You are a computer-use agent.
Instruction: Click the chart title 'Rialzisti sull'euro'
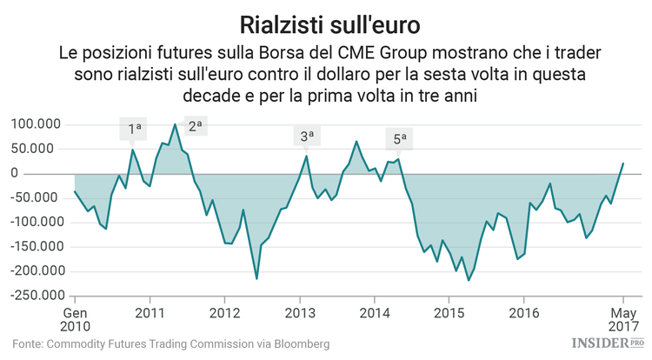[326, 20]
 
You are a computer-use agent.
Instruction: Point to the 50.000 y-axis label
[40, 149]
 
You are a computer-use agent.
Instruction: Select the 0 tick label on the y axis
[62, 173]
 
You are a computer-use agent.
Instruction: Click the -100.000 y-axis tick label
[34, 222]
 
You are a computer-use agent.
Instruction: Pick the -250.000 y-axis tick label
[34, 295]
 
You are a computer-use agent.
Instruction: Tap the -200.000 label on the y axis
[34, 270]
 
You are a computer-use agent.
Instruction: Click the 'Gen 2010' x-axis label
[75, 319]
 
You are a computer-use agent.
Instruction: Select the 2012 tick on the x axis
[225, 312]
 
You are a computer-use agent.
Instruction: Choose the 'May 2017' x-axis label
[622, 319]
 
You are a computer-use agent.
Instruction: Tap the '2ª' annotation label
[195, 125]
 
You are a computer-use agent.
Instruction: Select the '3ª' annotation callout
[307, 136]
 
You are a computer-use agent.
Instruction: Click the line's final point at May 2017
[622, 163]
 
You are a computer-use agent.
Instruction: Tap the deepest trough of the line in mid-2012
[256, 278]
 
